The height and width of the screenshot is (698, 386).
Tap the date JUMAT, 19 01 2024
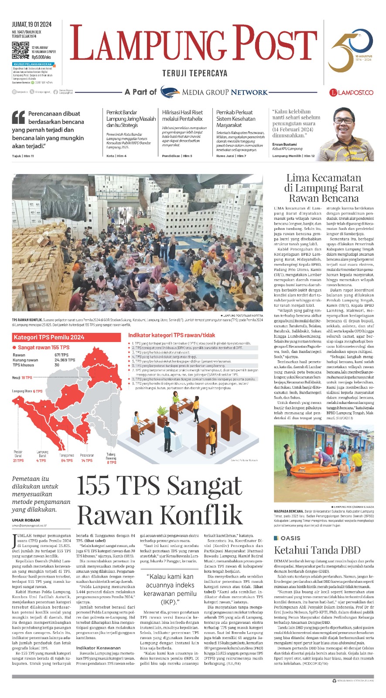click(31, 24)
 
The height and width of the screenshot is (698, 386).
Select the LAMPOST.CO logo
click(351, 92)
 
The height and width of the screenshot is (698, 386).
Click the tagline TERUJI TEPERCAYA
click(195, 73)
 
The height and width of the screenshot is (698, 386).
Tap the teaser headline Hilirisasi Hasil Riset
click(183, 115)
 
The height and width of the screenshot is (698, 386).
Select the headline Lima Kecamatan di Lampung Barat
click(323, 188)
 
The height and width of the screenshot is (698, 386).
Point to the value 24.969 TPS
click(65, 360)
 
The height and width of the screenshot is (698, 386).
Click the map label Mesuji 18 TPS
click(22, 378)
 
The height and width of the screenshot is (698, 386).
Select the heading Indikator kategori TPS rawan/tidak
click(171, 335)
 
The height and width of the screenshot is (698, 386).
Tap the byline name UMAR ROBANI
click(26, 520)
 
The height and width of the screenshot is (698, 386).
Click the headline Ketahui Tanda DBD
click(317, 550)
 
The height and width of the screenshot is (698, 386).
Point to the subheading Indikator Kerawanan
click(98, 648)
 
